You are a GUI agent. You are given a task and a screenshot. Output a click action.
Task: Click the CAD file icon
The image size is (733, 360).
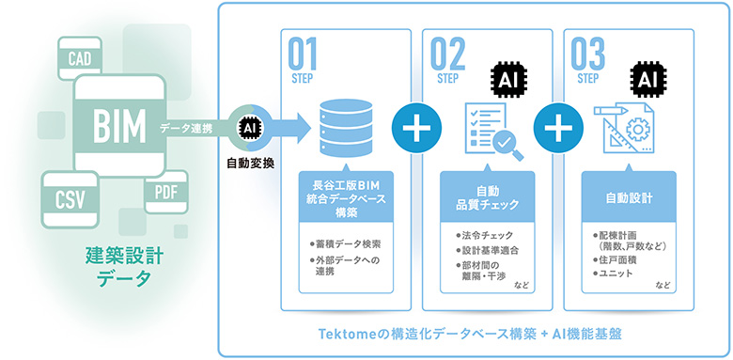80,57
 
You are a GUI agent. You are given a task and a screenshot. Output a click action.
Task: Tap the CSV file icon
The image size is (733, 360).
70,200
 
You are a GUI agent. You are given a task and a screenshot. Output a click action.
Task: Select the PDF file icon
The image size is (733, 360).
166,192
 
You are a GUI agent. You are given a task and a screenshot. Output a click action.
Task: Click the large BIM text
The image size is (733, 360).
119,126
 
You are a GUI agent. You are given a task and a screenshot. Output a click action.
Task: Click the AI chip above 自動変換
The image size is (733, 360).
248,127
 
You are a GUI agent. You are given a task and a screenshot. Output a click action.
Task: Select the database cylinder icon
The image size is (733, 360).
346,127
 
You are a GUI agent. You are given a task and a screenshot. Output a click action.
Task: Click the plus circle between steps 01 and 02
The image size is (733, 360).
416,128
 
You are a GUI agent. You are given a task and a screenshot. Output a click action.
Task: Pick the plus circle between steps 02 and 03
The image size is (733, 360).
558,128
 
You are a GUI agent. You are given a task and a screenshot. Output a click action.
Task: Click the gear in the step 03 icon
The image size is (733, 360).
636,128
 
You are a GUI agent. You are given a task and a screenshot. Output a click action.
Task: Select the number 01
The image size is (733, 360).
302,54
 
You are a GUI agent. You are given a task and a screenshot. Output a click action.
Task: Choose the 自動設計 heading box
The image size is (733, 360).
629,198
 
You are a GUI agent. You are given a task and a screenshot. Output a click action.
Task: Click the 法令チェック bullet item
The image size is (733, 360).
484,235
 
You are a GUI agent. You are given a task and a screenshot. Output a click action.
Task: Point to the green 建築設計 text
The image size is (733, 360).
124,258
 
